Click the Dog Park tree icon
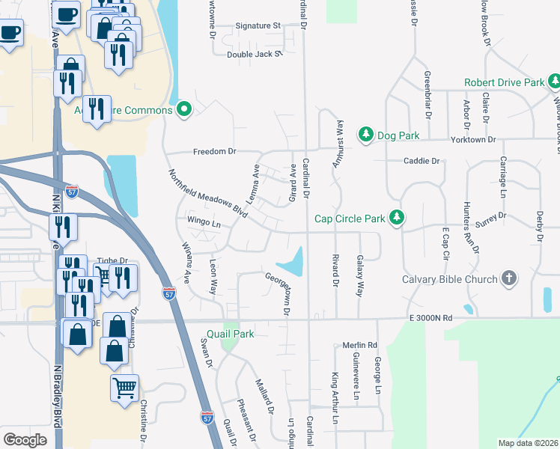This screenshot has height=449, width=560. pyautogui.click(x=365, y=134)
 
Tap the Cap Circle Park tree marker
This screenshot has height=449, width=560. pyautogui.click(x=397, y=218)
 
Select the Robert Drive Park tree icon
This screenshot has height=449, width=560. pyautogui.click(x=554, y=82)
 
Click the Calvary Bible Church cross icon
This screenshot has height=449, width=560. pyautogui.click(x=508, y=279)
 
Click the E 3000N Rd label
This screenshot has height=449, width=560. pyautogui.click(x=432, y=318)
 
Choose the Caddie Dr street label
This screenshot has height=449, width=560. pyautogui.click(x=421, y=161)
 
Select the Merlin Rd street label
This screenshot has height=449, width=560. pyautogui.click(x=359, y=345)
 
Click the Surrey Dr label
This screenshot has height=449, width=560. pyautogui.click(x=492, y=216)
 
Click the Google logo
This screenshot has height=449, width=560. pyautogui.click(x=25, y=440)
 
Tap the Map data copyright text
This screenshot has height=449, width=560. pyautogui.click(x=529, y=443)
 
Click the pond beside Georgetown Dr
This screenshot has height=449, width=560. pyautogui.click(x=292, y=262)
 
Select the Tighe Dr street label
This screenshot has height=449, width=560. pyautogui.click(x=113, y=261)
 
